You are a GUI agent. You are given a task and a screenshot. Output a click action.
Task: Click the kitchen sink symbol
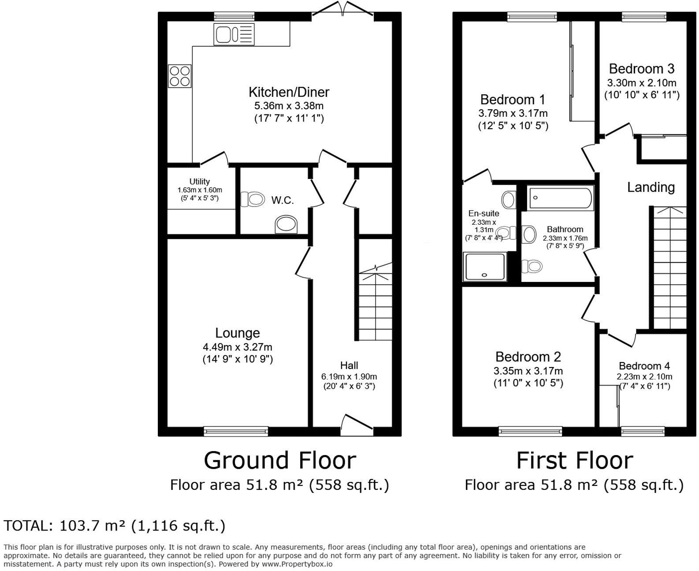(234, 34)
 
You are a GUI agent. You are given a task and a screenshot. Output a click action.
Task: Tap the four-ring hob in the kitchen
(180, 76)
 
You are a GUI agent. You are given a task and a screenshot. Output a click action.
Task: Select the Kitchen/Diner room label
(289, 92)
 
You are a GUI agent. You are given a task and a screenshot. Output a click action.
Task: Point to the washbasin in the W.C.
(286, 225)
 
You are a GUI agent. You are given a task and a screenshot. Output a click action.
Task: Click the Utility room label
(199, 182)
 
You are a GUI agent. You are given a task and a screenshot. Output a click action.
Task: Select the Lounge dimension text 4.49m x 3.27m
(238, 347)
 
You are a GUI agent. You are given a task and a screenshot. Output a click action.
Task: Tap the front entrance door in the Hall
(357, 422)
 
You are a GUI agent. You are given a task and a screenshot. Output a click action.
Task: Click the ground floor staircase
(375, 304)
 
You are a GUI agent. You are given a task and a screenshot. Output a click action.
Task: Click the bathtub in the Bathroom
(560, 198)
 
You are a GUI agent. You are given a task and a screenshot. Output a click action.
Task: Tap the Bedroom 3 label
(641, 69)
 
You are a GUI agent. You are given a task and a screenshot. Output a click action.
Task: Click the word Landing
(651, 187)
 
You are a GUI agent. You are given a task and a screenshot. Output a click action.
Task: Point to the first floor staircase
(669, 269)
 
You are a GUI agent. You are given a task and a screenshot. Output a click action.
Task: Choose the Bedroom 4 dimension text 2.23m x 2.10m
(644, 376)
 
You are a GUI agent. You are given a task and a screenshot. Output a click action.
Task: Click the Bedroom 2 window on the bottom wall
(530, 431)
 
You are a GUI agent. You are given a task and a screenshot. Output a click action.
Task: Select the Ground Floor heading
(279, 460)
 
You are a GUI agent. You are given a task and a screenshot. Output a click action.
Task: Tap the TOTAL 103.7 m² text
(115, 526)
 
